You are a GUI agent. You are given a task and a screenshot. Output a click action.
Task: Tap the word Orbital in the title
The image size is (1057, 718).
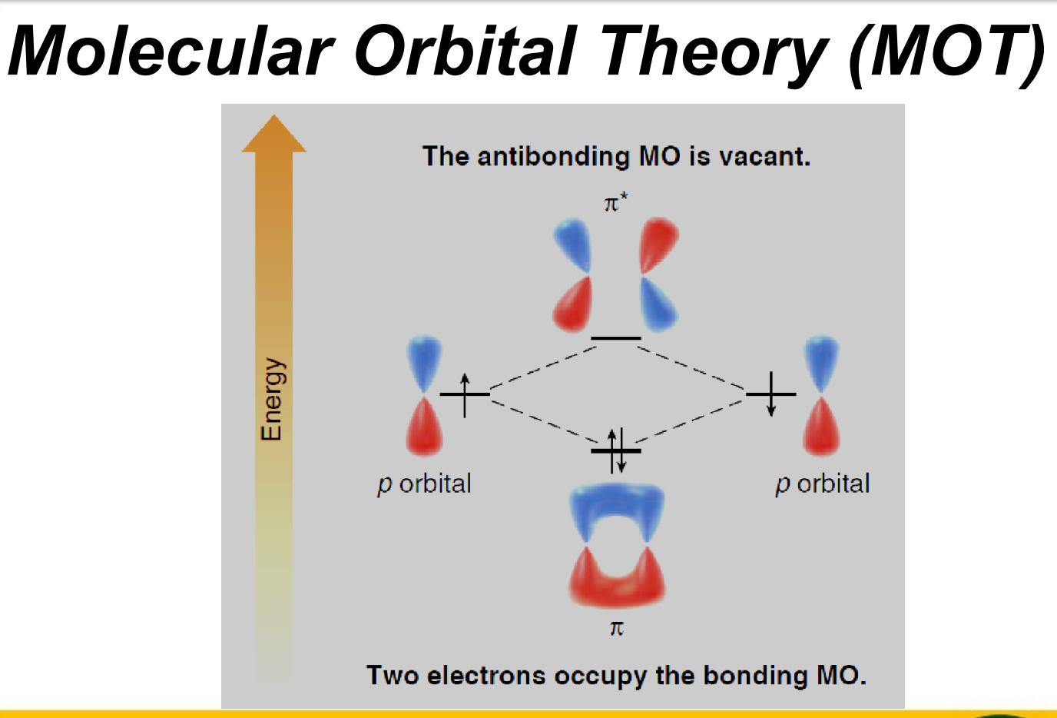[466, 51]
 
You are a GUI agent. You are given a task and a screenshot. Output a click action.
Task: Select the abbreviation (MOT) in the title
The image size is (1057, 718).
[946, 53]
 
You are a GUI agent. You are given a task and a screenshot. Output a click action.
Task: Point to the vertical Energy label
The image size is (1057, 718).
[272, 399]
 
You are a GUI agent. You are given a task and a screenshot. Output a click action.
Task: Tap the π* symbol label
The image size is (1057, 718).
[616, 203]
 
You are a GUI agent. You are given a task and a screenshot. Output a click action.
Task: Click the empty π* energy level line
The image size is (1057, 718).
[616, 338]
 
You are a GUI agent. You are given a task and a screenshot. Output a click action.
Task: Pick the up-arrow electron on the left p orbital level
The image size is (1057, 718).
[465, 395]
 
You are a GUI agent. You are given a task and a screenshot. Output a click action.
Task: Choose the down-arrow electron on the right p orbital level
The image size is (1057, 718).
[771, 394]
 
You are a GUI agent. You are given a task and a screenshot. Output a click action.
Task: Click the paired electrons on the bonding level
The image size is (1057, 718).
[617, 450]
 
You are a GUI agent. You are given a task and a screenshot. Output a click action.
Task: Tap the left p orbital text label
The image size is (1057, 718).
[424, 484]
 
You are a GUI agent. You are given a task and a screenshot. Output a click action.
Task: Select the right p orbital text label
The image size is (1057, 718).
[823, 484]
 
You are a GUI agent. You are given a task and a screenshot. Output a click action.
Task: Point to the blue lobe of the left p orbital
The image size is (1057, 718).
[424, 362]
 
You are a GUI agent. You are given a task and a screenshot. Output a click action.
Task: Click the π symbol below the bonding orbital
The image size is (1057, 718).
[617, 629]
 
